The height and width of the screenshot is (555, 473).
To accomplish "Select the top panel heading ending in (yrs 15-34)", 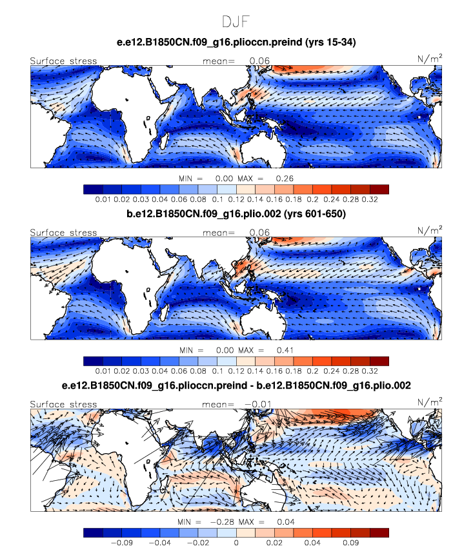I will (x=236, y=43).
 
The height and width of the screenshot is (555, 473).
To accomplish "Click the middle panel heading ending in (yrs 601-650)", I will (x=236, y=214).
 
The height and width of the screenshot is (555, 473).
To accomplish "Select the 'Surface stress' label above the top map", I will (x=63, y=61).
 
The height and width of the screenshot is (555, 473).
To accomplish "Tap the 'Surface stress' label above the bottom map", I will (x=63, y=404).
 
